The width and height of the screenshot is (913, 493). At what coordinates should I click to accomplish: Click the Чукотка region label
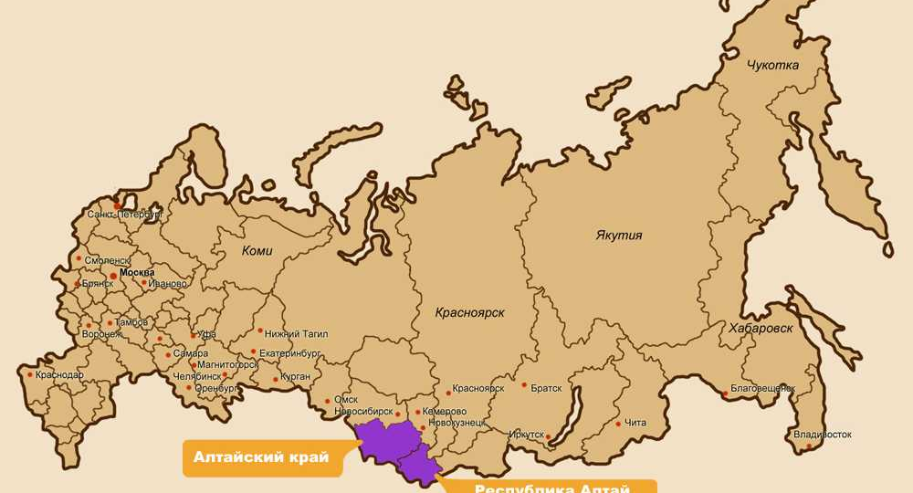772,66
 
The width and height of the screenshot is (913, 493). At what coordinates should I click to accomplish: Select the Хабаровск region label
761,328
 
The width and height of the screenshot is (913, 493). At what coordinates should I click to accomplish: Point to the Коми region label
257,251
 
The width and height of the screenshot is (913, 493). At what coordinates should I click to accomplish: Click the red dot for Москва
113,274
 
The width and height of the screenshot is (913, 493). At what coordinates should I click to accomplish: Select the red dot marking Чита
618,424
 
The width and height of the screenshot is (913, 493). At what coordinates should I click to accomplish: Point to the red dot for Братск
524,385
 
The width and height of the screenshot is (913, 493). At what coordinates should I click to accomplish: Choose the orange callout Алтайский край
261,457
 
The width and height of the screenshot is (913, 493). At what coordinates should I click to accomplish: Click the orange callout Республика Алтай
552,487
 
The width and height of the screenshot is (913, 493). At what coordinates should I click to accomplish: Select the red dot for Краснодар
30,374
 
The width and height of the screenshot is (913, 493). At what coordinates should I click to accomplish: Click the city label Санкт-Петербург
125,215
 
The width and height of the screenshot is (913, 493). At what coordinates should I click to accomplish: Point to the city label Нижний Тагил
296,333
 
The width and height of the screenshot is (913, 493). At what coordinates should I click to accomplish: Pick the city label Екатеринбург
290,351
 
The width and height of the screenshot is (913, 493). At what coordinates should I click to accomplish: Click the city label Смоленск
107,260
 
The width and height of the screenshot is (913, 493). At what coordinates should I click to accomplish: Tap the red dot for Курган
276,377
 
